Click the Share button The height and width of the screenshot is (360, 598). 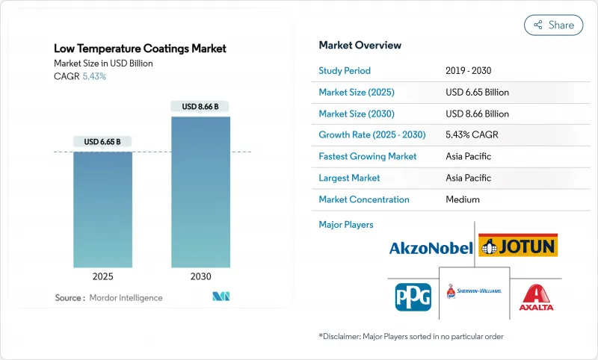[554, 25]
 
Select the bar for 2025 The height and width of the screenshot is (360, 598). [102, 208]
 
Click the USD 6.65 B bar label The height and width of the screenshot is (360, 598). [102, 142]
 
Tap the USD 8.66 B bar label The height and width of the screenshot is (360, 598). [200, 107]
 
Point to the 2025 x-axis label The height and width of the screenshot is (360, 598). [102, 276]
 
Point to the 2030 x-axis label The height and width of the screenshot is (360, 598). [200, 276]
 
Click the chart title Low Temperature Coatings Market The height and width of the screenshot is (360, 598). [140, 49]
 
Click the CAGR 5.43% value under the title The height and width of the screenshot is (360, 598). [93, 77]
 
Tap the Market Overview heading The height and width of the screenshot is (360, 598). [360, 46]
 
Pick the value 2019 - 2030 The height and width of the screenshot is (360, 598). [469, 71]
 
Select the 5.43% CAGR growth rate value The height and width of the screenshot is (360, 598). [472, 135]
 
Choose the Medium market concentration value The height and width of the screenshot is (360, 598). [462, 199]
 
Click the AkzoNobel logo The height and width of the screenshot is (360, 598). [431, 248]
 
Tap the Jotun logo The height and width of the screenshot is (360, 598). [518, 245]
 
